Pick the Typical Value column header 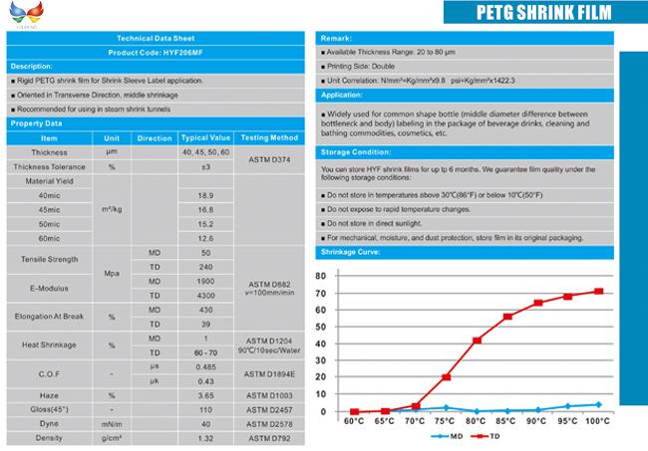(x=206, y=137)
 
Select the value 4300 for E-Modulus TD (x=206, y=297)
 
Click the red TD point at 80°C (x=477, y=340)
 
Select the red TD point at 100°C (x=598, y=292)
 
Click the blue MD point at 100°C (x=598, y=404)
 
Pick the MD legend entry (x=447, y=436)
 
